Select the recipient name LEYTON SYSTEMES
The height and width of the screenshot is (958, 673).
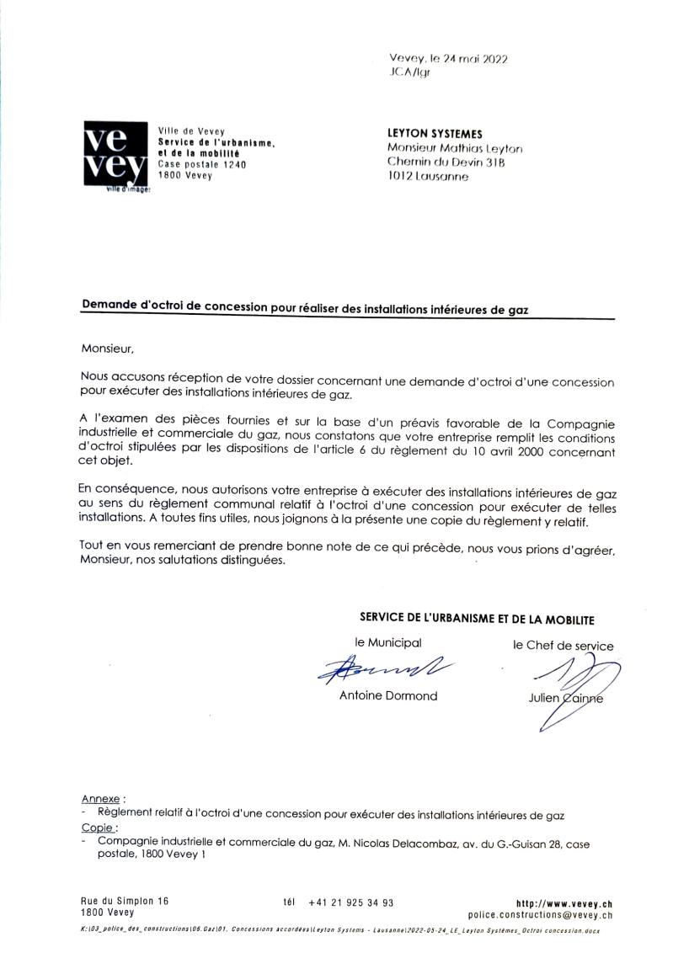tap(435, 133)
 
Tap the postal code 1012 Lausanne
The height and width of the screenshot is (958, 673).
tap(429, 177)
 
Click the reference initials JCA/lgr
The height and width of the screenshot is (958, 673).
tap(409, 73)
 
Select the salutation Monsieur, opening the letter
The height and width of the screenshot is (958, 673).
tap(108, 347)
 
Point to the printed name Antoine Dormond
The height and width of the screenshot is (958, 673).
tap(388, 695)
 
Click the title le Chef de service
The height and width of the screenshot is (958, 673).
tap(563, 646)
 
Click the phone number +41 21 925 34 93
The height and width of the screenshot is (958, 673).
tap(351, 902)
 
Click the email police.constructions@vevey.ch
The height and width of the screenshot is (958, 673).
tap(540, 915)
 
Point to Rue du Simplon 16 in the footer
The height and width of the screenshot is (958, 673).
tap(125, 901)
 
